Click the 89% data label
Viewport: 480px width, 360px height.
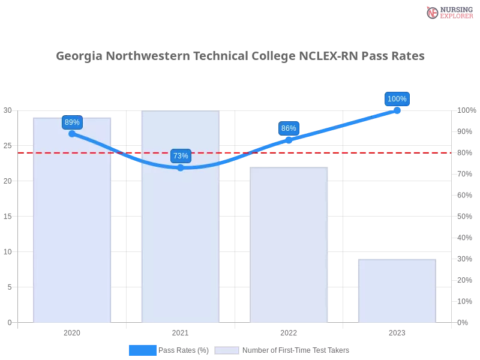tap(72, 122)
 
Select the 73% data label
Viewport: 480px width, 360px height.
tap(181, 156)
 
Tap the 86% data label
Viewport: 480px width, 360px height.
tap(289, 128)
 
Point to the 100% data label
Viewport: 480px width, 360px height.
tap(397, 99)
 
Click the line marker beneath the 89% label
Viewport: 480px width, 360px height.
tap(72, 134)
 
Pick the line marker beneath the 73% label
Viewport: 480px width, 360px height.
tap(181, 168)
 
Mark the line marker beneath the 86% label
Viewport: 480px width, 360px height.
tap(289, 140)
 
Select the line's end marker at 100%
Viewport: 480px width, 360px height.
tap(397, 110)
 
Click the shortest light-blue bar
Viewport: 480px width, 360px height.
tap(396, 291)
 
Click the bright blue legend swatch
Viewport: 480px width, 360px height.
tap(142, 350)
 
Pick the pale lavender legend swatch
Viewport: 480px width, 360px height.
tap(227, 350)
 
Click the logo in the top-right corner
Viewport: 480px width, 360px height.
tap(448, 12)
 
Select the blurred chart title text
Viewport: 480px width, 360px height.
tap(240, 57)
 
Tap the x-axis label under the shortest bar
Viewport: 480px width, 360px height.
tap(397, 332)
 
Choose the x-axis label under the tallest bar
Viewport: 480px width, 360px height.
tap(180, 332)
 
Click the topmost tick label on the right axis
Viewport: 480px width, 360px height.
tap(465, 110)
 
